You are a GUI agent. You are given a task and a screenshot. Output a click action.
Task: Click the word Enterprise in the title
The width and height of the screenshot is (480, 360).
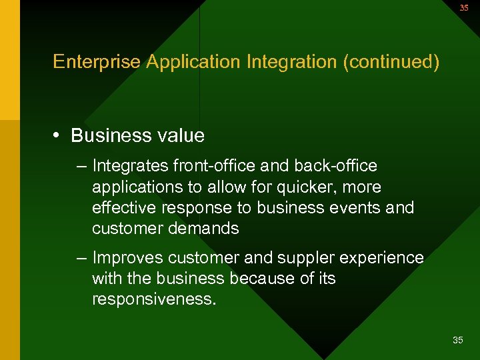[97, 62]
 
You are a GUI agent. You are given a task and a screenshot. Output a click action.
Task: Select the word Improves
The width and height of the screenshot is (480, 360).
[129, 257]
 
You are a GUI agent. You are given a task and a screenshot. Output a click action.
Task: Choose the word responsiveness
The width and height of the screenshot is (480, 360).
[154, 299]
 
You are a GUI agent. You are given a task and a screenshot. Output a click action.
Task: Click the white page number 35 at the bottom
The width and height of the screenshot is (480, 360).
[457, 341]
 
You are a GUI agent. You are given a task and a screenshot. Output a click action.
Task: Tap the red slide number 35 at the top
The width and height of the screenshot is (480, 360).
[463, 8]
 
